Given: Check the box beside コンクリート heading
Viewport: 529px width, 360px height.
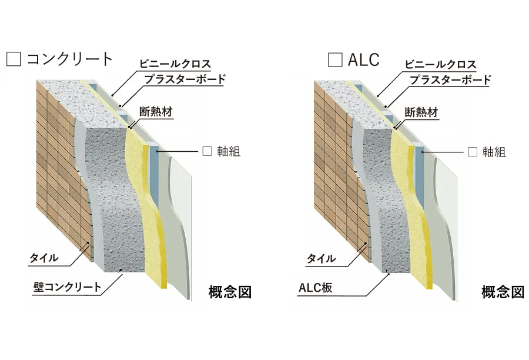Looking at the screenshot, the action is (14, 59).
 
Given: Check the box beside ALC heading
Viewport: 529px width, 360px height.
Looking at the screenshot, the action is (335, 59).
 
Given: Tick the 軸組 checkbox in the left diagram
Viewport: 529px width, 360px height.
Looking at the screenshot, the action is (207, 151).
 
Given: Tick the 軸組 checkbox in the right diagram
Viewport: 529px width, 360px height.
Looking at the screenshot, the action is (473, 152).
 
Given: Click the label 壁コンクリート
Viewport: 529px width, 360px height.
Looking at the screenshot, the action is (68, 287).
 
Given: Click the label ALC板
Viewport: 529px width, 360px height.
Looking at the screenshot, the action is (316, 288).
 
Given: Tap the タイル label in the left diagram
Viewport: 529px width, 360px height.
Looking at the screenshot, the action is (44, 258).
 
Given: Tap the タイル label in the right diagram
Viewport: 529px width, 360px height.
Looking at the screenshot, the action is (321, 259).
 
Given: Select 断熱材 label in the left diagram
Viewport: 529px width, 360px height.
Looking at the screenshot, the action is (156, 111).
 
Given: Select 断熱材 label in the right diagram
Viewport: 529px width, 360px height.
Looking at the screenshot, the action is (421, 112).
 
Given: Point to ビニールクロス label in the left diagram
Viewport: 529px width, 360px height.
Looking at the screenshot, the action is (175, 64).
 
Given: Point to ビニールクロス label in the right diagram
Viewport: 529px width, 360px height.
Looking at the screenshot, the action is (440, 64).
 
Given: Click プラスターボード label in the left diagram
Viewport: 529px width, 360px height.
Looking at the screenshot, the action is (185, 79).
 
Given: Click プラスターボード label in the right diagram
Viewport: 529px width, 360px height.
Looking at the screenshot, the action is (450, 80).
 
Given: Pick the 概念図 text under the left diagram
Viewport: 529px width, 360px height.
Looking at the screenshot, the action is (230, 292).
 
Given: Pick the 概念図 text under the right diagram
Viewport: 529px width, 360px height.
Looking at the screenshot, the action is (503, 292).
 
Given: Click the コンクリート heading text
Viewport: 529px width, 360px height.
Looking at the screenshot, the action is (70, 59).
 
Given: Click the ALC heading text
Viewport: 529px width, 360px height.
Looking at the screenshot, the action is (364, 59).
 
